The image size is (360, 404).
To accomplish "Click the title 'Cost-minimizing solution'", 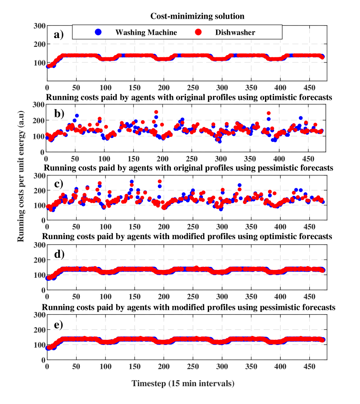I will tap(197, 16).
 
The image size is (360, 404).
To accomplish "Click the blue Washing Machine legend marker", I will tap(98, 32).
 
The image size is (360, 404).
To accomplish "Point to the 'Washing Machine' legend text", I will tap(140, 32).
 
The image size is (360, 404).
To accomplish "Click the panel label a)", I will tap(59, 35).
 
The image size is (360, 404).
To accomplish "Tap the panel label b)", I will tap(59, 114).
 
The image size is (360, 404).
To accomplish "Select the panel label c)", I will tap(59, 183).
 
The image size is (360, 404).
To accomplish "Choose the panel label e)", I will tap(59, 325).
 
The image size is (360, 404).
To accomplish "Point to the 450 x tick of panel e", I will tap(310, 367).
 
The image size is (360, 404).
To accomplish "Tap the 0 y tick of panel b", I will tap(43, 152).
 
